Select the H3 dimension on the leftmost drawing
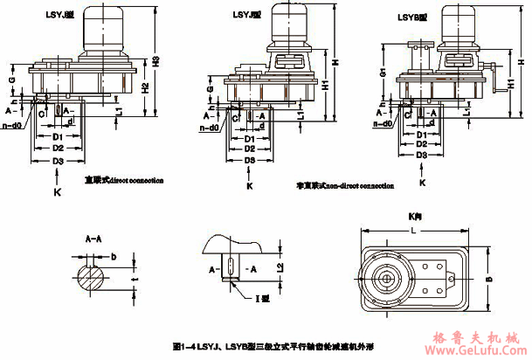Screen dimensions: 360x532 click(156, 62)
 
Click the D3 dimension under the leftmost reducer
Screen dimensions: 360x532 click(58, 162)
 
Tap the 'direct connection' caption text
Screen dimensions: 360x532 click(123, 180)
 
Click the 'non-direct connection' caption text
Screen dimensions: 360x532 click(344, 185)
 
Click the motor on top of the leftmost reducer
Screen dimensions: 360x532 click(102, 32)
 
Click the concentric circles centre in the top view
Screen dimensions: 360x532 click(384, 282)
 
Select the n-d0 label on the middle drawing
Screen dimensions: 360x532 click(207, 128)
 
